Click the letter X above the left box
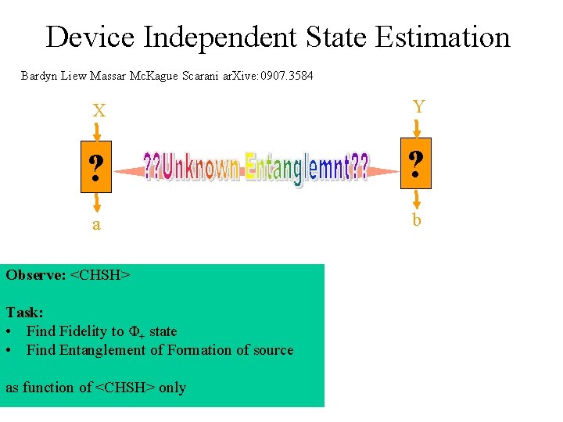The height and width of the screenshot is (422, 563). pos(99,112)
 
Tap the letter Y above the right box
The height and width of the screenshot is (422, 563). pos(418,107)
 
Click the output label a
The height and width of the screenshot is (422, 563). pos(96,225)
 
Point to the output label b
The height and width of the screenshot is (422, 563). pos(417,220)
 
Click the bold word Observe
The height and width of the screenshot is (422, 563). pos(34,275)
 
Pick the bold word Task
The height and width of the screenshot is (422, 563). pos(23,313)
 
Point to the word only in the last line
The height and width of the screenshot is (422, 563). pos(172,388)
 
